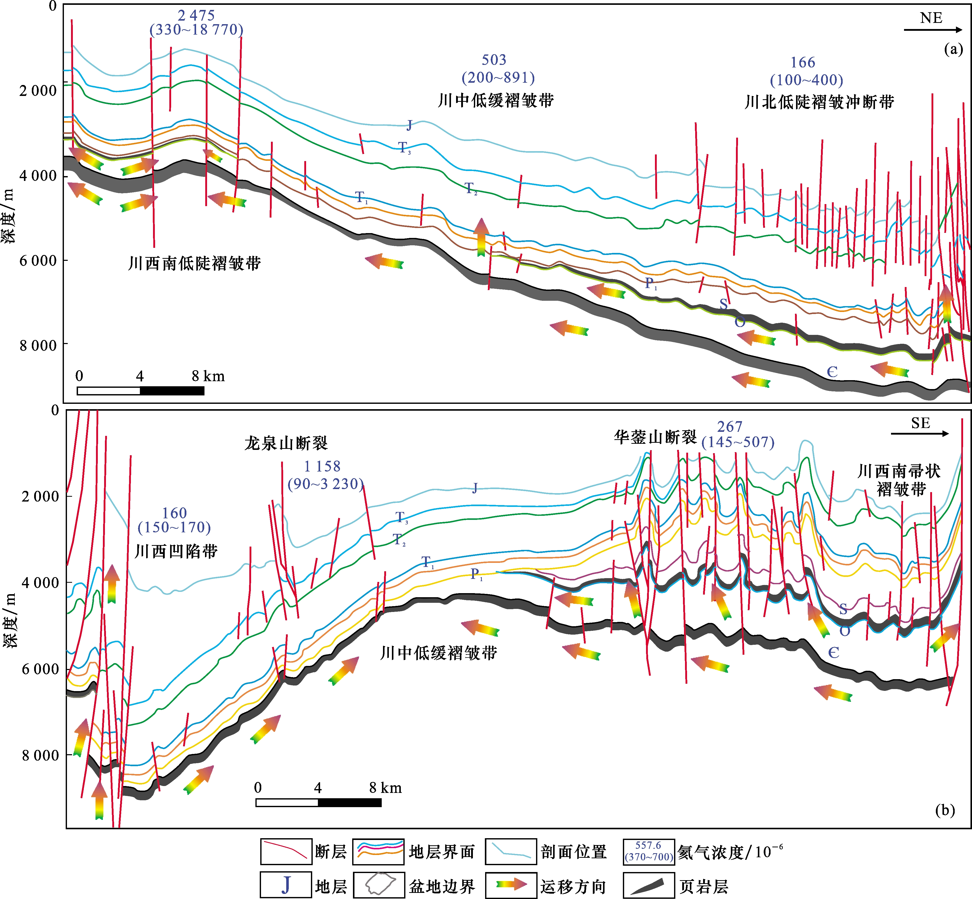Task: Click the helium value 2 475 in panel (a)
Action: [196, 16]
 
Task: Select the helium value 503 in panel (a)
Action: [494, 60]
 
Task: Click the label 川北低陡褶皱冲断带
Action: [819, 102]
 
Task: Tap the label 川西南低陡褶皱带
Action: [195, 263]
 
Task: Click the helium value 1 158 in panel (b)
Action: [322, 466]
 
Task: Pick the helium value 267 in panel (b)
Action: [730, 427]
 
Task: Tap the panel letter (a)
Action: [953, 49]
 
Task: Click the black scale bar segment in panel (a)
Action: [172, 391]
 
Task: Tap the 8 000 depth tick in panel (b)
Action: [40, 755]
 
